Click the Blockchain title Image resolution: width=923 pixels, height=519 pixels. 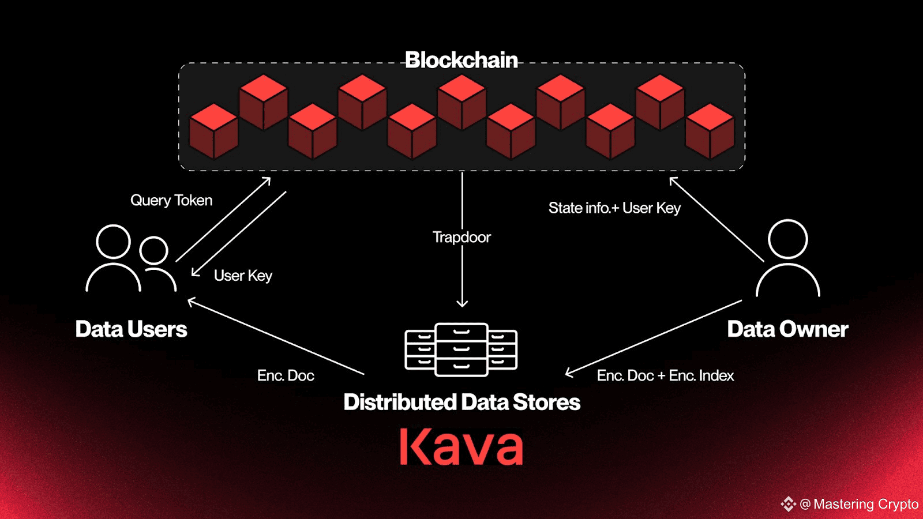[x=461, y=60]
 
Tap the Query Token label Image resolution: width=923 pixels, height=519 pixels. [x=171, y=200]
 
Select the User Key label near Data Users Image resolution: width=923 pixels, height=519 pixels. [x=243, y=276]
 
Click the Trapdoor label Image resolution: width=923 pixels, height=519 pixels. [x=461, y=237]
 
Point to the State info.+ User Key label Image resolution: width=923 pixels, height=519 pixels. [x=614, y=208]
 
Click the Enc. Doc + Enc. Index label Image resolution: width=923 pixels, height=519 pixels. [x=666, y=375]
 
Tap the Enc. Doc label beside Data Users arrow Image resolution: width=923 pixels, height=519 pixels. [x=286, y=375]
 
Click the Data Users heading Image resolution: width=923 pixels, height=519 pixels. [x=131, y=329]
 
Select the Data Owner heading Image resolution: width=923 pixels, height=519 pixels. [x=787, y=329]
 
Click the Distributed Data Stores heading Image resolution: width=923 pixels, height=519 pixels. [x=462, y=402]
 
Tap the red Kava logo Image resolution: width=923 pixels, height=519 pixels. [x=461, y=447]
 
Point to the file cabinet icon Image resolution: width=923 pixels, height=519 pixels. [x=461, y=349]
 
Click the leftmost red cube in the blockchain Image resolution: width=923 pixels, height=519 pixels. [x=213, y=131]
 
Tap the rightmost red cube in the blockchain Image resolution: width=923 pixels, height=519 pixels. [x=710, y=131]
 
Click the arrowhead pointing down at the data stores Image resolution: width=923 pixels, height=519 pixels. [x=462, y=304]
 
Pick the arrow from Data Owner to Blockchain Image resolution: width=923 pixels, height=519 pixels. [x=716, y=220]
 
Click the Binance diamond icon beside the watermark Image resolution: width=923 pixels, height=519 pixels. [x=788, y=504]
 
